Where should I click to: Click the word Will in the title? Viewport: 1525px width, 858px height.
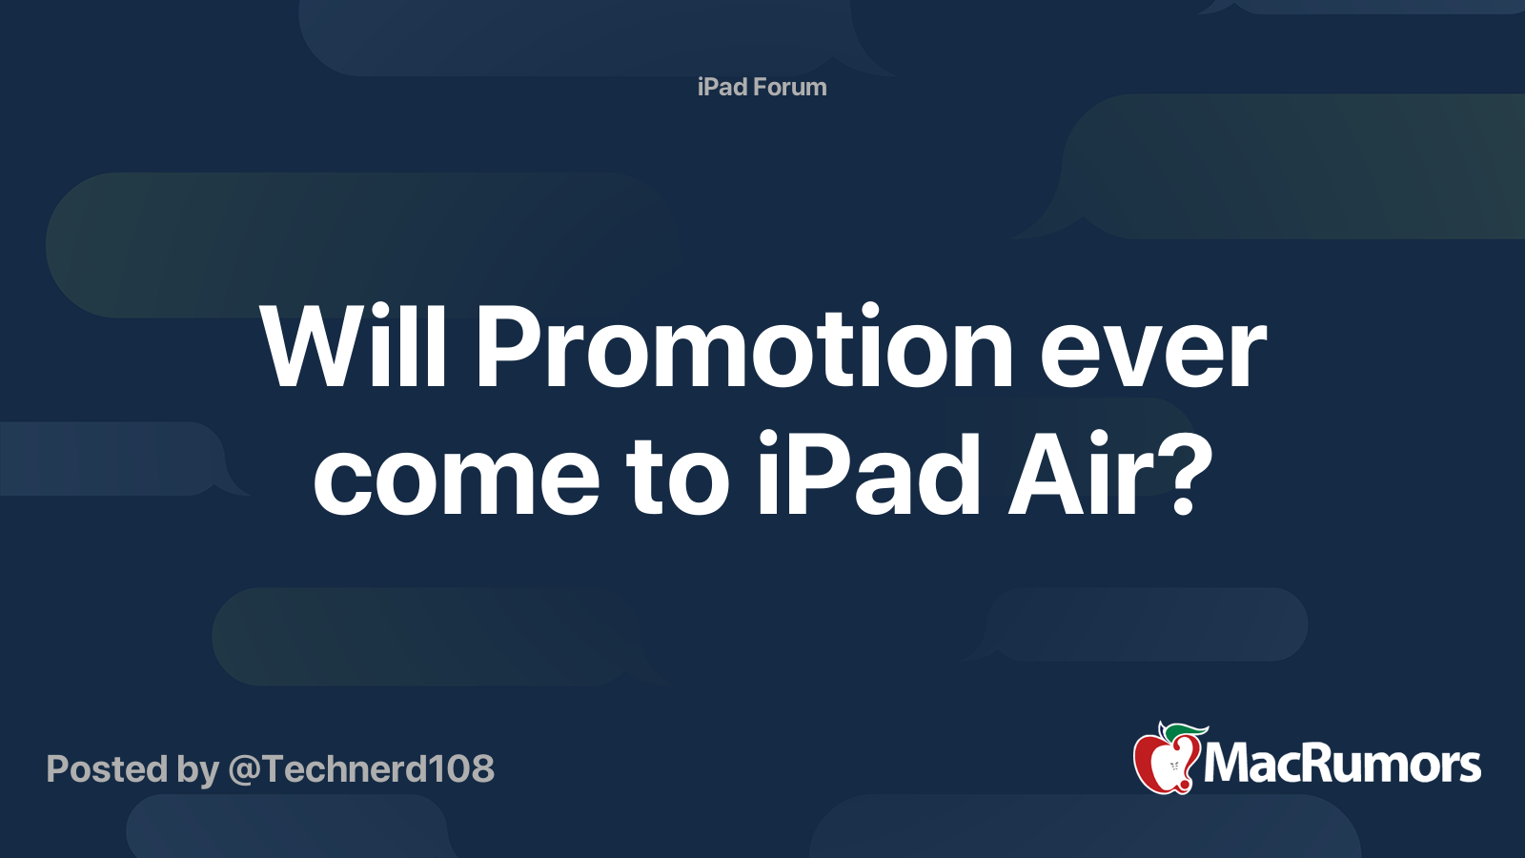coord(354,349)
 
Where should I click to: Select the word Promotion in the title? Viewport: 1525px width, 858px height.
coord(743,349)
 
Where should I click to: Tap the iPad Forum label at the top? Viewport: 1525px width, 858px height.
coord(762,87)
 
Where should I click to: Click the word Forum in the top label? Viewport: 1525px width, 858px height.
coord(789,87)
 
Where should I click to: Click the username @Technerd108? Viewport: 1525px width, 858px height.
coord(361,769)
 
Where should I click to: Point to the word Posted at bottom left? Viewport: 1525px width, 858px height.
coord(107,769)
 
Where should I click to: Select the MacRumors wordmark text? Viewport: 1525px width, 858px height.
coord(1342,765)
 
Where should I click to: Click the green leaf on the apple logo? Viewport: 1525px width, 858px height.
coord(1187,732)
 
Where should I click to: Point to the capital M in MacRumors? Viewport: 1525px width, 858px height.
coord(1228,765)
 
